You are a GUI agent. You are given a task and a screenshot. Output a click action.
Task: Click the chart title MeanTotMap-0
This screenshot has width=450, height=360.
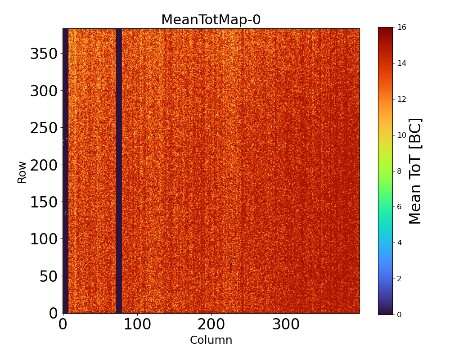211,20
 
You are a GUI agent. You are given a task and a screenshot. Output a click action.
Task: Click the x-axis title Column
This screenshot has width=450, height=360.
211,340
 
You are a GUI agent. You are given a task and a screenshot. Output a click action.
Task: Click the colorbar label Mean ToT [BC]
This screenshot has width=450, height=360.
415,171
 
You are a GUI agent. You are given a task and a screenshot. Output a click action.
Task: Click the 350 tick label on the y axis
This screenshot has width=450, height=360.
44,54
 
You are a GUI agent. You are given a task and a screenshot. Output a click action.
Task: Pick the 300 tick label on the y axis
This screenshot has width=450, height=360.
44,91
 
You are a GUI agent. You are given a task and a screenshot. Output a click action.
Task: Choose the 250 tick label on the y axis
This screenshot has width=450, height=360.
44,128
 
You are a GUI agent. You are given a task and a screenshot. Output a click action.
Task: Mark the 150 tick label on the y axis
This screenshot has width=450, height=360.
44,202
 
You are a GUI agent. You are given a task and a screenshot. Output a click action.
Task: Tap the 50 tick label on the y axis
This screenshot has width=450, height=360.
49,276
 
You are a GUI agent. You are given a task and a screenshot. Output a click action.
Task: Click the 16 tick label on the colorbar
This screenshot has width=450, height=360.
402,27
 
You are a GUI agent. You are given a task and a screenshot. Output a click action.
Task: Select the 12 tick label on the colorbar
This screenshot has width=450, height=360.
402,99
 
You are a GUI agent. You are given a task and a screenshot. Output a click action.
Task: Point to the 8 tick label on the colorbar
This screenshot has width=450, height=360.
399,171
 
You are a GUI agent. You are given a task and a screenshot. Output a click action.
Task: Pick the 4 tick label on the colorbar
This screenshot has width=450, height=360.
399,243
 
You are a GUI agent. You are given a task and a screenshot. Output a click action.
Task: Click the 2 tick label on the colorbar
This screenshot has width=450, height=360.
399,279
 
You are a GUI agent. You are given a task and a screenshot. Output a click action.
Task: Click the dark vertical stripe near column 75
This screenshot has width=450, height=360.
119,171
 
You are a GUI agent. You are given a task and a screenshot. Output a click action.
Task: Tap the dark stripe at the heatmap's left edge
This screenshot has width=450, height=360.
65,171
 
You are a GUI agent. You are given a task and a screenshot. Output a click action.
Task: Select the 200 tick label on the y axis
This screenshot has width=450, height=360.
44,165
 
